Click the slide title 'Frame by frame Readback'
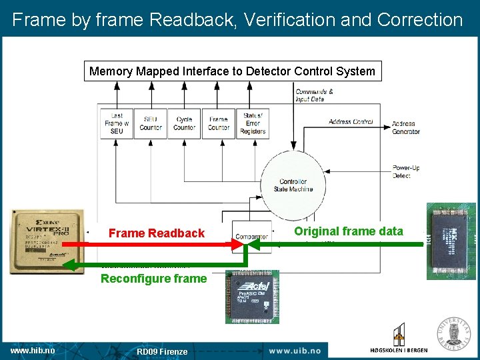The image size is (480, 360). pos(237,19)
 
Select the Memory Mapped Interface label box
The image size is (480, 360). pos(232,71)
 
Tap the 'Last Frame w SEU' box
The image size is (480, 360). pos(117,123)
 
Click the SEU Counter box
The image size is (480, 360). pos(151,123)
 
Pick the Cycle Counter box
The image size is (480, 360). pos(184,123)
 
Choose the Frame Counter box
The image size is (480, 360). pos(218,123)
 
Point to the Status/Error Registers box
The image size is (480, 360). pos(253,123)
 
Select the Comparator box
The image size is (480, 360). pos(251,236)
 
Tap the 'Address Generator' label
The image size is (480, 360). pos(405,127)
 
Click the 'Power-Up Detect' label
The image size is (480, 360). pos(405,171)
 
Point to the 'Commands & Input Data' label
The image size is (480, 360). pos(314,95)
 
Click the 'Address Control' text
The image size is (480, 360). pos(350,121)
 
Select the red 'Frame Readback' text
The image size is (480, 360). pos(156,233)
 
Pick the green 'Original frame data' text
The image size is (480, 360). pos(349,231)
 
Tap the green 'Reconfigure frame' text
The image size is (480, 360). pos(153,279)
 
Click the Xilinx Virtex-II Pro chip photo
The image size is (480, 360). pos(47,241)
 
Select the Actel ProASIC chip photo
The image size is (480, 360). pos(252,297)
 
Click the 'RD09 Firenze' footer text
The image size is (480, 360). pos(162,351)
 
